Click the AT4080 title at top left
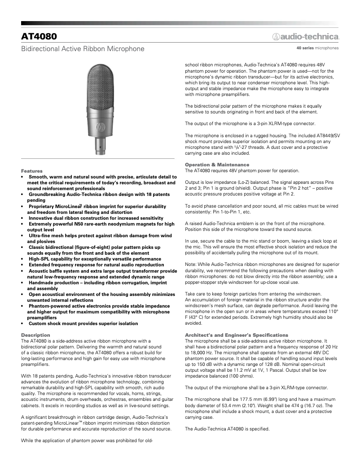(39, 36)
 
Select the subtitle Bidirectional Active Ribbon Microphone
(83, 48)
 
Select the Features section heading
(32, 171)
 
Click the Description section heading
(35, 335)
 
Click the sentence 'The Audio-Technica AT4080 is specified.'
(227, 429)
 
